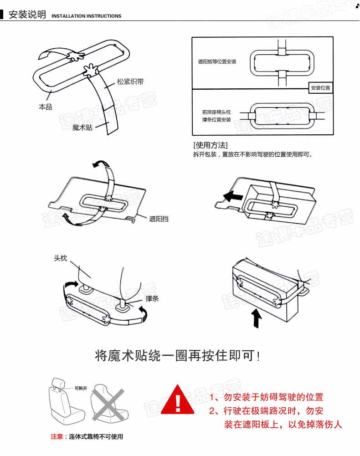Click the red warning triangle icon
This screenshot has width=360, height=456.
pos(178,400)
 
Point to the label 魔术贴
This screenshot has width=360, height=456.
pos(82,128)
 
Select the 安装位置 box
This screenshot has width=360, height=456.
pos(320,88)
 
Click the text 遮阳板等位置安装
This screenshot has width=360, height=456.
pos(217,61)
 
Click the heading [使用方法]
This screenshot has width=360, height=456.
pos(210,145)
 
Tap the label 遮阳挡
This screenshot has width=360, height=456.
pos(159,219)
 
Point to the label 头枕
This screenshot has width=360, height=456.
pos(61,258)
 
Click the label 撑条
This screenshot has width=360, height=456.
pos(152,298)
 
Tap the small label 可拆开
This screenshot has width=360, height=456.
pos(81,388)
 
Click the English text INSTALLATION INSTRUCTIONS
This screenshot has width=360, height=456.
pos(87,16)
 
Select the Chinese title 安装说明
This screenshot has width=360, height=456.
pos(27,15)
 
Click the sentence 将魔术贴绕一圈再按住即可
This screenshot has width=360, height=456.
pos(178,355)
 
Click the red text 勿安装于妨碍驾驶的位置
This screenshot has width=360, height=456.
pos(273,397)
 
